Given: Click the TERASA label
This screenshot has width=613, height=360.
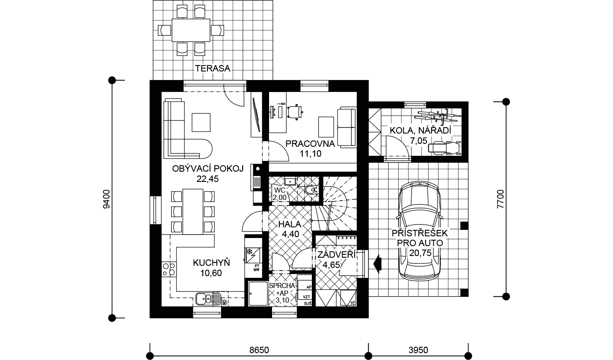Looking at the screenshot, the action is (213, 68).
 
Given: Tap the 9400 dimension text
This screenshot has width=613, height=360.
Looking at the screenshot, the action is (106, 199).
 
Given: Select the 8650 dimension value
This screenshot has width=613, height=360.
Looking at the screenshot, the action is (259, 350).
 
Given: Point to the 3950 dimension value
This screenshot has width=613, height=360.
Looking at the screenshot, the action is (418, 350).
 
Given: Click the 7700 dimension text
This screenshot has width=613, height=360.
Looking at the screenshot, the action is (500, 199).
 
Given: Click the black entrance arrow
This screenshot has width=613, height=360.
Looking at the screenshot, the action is (377, 264).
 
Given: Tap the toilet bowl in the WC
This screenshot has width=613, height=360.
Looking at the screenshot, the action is (311, 190).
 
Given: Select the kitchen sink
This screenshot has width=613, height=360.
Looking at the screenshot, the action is (208, 298).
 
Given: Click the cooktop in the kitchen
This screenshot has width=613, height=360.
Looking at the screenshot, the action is (169, 269).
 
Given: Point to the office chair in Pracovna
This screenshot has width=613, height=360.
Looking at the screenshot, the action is (295, 112).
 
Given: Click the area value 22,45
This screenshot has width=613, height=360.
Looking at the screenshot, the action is (207, 179).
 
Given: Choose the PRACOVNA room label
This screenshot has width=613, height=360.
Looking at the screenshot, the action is (310, 144).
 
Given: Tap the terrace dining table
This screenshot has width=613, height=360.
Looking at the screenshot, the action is (191, 30).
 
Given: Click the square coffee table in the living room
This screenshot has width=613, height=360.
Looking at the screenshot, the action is (201, 122).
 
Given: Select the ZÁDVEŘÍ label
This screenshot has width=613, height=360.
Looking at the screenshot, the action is (337, 255).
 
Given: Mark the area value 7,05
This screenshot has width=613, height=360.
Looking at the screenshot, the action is (418, 141).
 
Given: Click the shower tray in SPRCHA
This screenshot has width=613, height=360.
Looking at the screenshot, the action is (258, 294).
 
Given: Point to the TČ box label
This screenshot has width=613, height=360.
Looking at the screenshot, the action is (353, 303).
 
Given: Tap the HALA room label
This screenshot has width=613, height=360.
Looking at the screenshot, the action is (290, 224).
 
